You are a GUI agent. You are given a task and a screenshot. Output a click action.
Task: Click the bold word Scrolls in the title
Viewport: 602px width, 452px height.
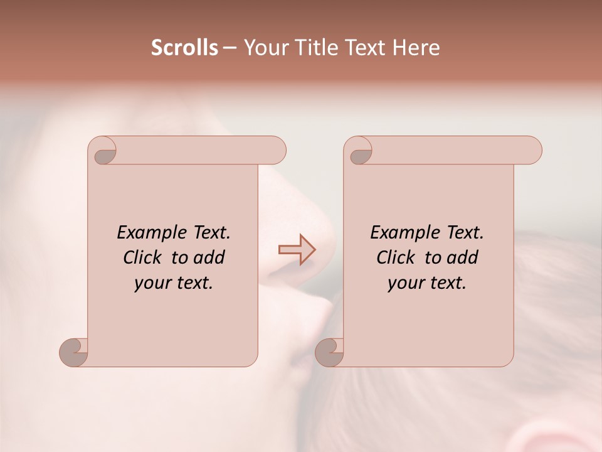[x=184, y=48]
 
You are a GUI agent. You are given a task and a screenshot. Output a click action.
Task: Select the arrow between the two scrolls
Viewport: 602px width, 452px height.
[x=297, y=250]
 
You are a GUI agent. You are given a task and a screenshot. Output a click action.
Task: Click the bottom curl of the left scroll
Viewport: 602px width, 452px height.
[x=74, y=352]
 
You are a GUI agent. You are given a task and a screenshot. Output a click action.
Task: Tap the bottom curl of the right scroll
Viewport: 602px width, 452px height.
[x=330, y=352]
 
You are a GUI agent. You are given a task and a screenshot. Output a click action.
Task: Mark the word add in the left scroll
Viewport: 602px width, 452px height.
[x=209, y=257]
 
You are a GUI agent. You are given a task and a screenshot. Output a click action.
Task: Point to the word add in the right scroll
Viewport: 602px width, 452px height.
[x=463, y=257]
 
